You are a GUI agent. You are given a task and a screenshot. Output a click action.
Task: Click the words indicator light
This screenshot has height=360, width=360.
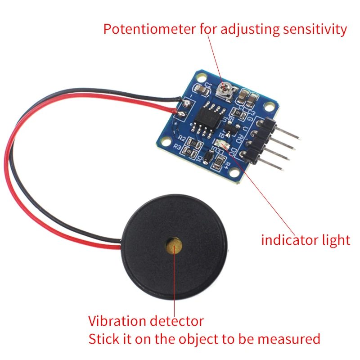(306, 239)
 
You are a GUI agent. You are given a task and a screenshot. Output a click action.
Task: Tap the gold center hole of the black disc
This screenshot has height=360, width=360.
(173, 245)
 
